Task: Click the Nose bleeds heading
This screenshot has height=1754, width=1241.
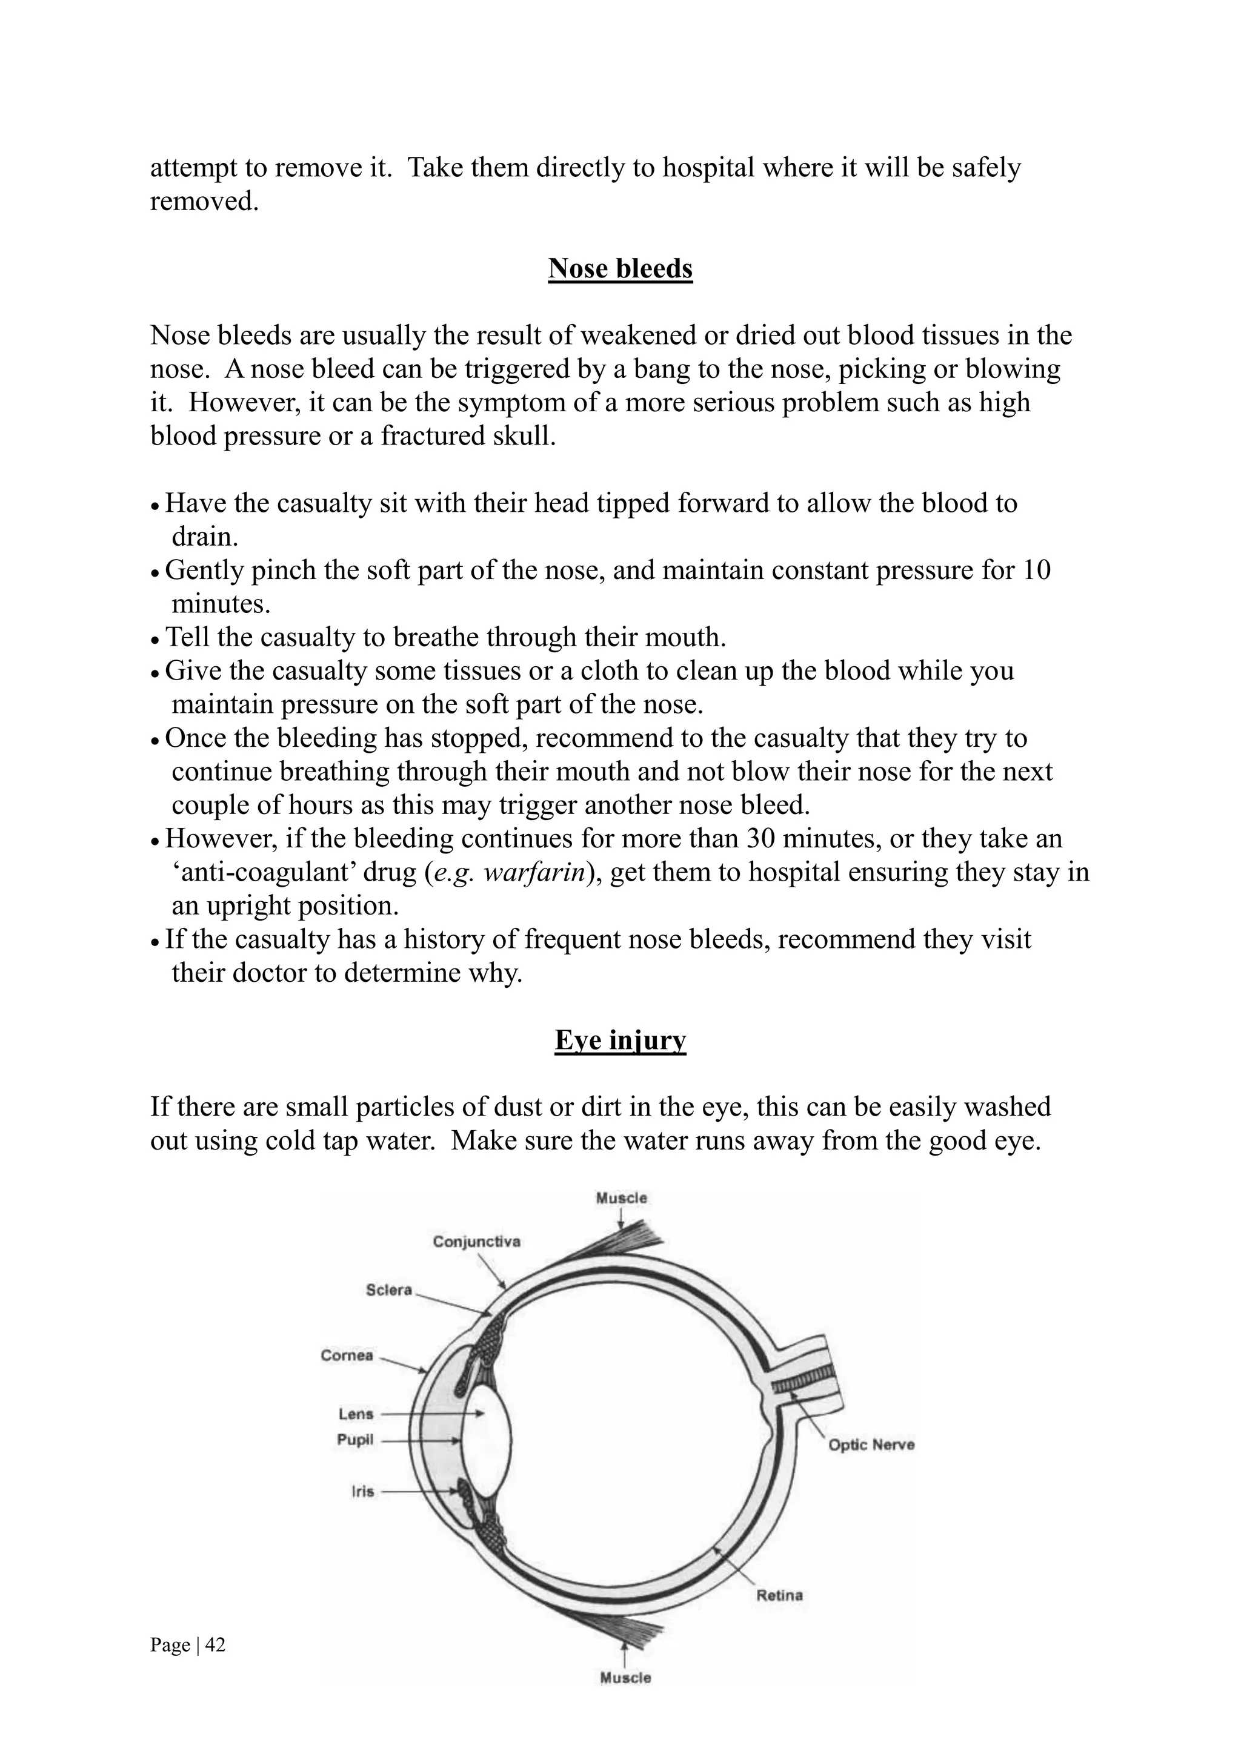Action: pos(620,268)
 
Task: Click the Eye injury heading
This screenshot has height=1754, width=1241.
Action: pos(620,1040)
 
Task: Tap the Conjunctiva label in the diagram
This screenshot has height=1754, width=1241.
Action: pos(476,1242)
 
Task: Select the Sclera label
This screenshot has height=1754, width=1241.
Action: pos(388,1289)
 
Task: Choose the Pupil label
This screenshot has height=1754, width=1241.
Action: pos(354,1440)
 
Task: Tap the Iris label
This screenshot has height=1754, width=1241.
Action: pos(362,1491)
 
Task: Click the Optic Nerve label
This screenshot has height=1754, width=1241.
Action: pos(871,1445)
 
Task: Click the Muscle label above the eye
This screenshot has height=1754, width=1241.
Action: pos(621,1198)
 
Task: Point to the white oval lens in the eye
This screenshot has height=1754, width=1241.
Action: pos(488,1440)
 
